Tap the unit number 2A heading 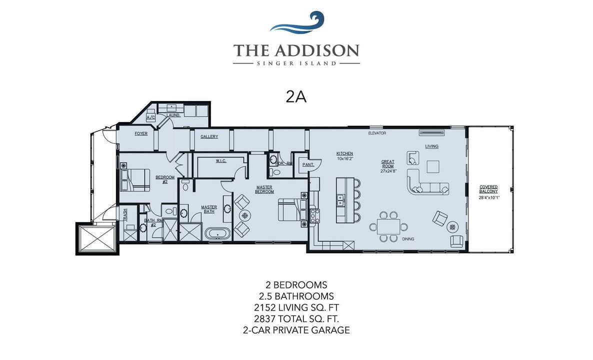click(296, 97)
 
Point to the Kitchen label click(344, 153)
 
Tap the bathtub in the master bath click(217, 233)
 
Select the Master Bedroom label click(264, 189)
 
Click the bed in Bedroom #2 click(135, 180)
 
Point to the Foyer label click(141, 134)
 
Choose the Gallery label click(209, 136)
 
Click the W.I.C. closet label click(221, 161)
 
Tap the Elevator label click(377, 133)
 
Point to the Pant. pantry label click(307, 164)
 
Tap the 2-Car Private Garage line click(296, 330)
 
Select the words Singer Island click(296, 63)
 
